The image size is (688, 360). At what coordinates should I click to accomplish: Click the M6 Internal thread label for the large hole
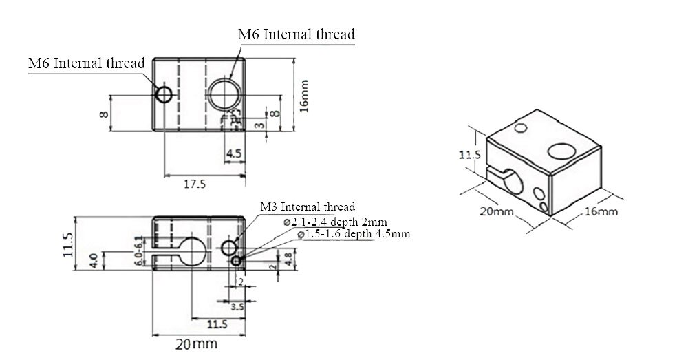[296, 34]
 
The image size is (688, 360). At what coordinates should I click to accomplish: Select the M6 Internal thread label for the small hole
[86, 63]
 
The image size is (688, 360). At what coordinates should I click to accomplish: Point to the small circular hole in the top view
[164, 94]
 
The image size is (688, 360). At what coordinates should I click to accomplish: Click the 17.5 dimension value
[195, 184]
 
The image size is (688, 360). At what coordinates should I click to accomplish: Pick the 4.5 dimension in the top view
[233, 154]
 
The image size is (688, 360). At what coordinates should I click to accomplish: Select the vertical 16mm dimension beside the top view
[305, 95]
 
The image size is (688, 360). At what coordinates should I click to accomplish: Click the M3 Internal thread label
[308, 207]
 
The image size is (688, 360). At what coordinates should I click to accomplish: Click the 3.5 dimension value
[237, 307]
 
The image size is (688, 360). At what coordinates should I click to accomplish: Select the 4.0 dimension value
[94, 262]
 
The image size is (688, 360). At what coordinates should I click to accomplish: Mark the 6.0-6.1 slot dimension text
[139, 251]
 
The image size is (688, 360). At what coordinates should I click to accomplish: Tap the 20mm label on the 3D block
[497, 211]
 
